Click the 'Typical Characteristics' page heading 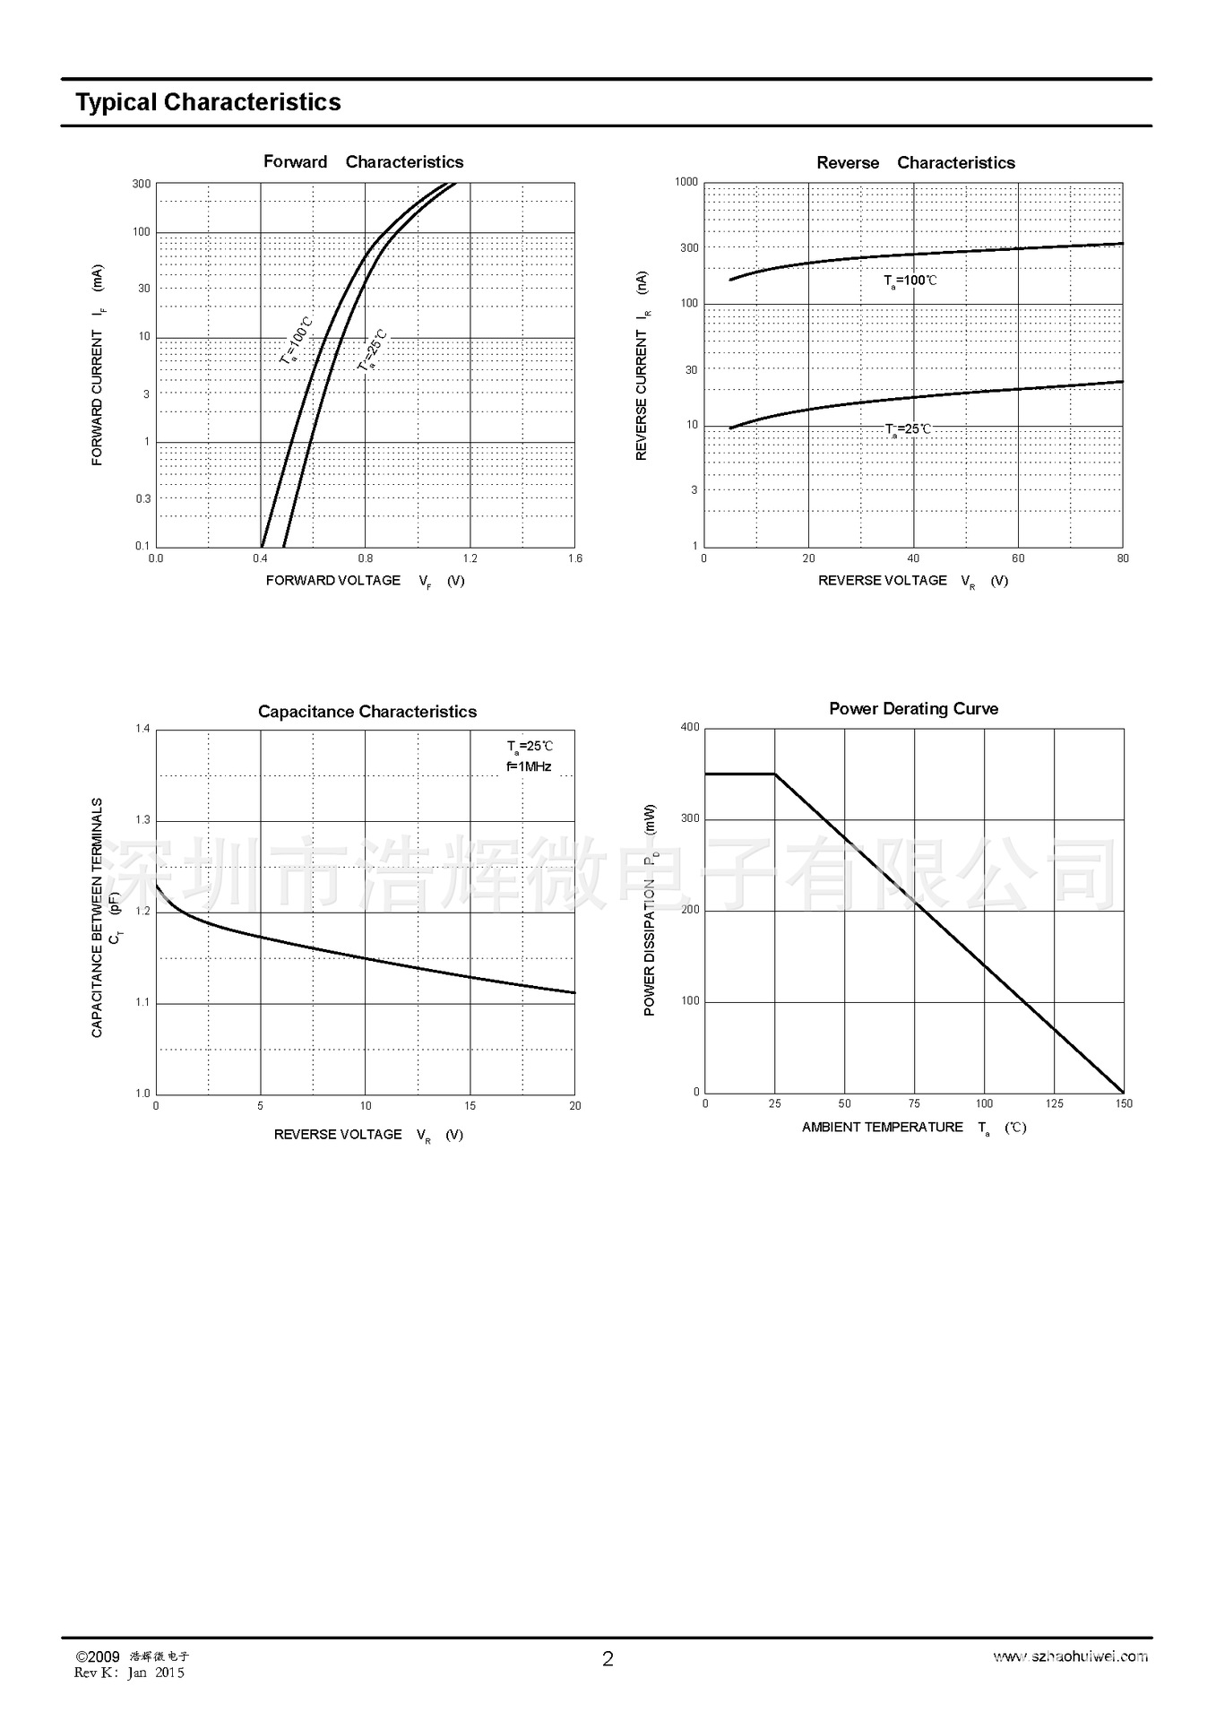pyautogui.click(x=208, y=102)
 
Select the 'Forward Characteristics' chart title pyautogui.click(x=363, y=162)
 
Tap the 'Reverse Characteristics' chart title pyautogui.click(x=915, y=163)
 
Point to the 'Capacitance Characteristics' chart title pyautogui.click(x=367, y=712)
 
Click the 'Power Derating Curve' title pyautogui.click(x=913, y=709)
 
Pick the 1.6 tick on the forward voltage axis pyautogui.click(x=574, y=558)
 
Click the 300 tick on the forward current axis pyautogui.click(x=142, y=184)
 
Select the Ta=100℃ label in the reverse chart pyautogui.click(x=910, y=281)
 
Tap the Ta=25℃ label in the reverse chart pyautogui.click(x=908, y=429)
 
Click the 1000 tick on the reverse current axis pyautogui.click(x=686, y=182)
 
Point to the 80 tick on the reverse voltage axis pyautogui.click(x=1123, y=558)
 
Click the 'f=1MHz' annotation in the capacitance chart pyautogui.click(x=529, y=766)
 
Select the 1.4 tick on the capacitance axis pyautogui.click(x=142, y=729)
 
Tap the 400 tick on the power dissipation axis pyautogui.click(x=690, y=727)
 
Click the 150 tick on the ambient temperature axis pyautogui.click(x=1124, y=1103)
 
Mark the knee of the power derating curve pyautogui.click(x=775, y=774)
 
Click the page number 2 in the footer pyautogui.click(x=608, y=1659)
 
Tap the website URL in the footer pyautogui.click(x=1070, y=1656)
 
